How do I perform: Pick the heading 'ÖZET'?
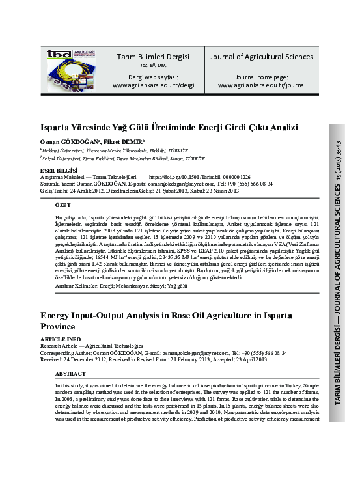(x=64, y=204)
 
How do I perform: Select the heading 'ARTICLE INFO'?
(x=61, y=340)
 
